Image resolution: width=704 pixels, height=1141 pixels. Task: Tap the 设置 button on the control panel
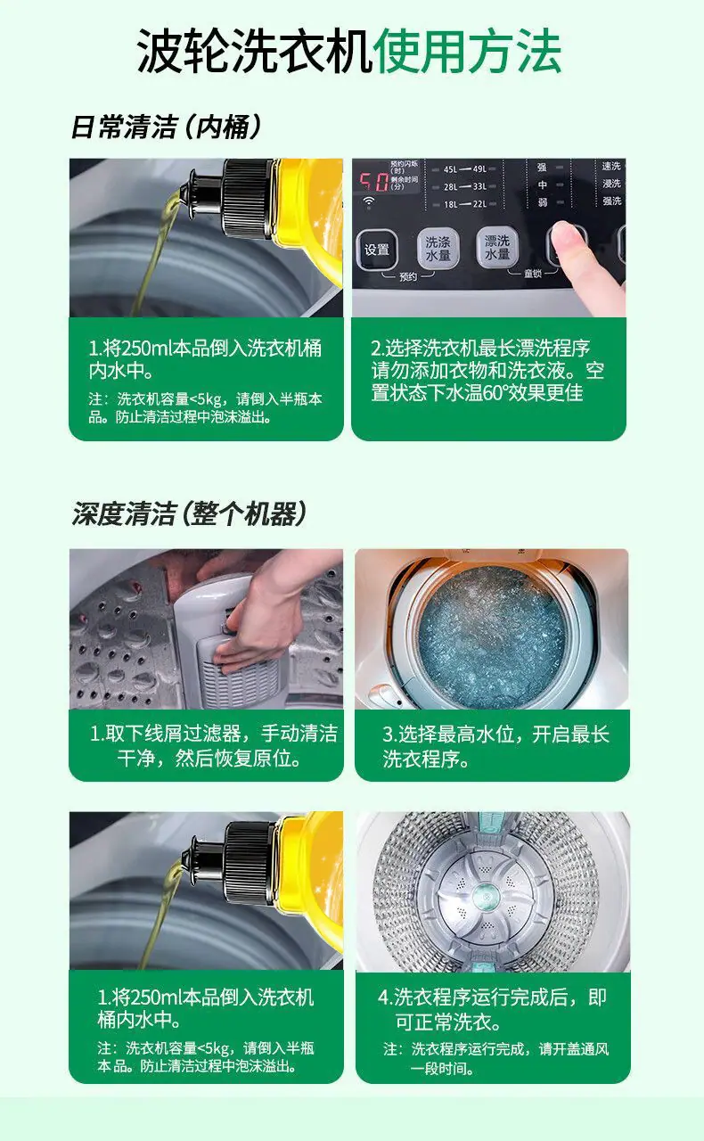377,250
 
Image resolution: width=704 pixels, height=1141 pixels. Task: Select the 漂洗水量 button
496,248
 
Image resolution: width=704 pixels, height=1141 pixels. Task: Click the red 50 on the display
374,181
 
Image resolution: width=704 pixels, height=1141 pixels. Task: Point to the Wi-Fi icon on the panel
368,202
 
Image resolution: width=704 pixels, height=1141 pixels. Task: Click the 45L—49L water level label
464,169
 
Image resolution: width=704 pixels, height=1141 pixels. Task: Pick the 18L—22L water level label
464,204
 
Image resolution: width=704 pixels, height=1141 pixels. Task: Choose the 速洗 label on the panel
611,166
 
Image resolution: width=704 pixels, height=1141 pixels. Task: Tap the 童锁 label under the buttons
532,274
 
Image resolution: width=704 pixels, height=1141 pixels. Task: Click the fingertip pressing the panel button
566,236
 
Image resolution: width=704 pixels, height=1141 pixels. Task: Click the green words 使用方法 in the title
467,52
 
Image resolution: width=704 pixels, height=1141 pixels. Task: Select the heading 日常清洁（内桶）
166,127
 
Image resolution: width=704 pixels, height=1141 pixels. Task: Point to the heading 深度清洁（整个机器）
189,513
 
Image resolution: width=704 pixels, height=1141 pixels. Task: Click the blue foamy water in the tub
492,636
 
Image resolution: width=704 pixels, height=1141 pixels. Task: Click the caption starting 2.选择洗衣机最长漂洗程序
487,370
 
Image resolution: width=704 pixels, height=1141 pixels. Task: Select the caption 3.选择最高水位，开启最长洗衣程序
495,747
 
